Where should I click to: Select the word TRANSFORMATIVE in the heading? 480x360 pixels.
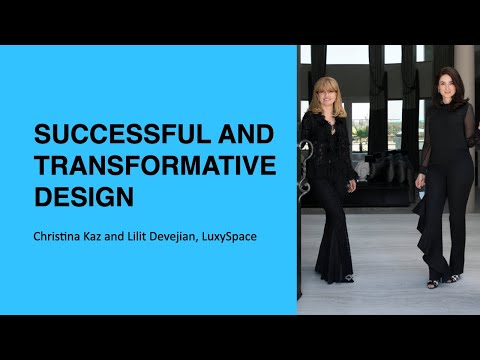pyautogui.click(x=154, y=166)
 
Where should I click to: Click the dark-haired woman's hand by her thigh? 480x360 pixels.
pyautogui.click(x=421, y=182)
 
